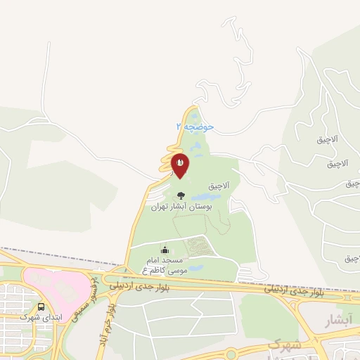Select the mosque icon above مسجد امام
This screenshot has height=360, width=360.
[165, 250]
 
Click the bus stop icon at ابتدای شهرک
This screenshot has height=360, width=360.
[41, 307]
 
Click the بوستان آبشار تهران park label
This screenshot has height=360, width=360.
[175, 208]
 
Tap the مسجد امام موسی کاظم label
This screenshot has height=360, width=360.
[164, 265]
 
